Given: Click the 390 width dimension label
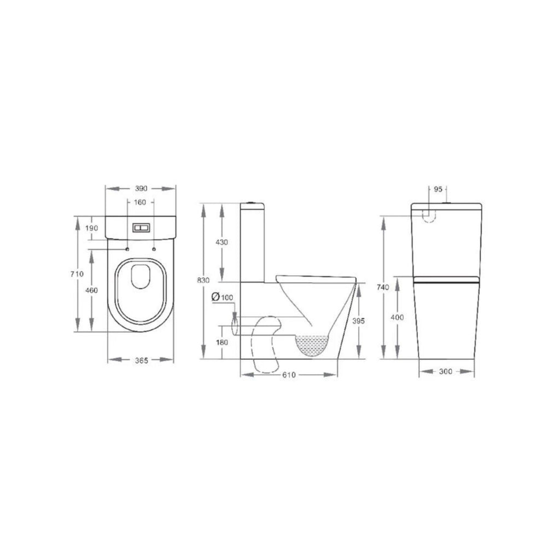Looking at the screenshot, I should (x=141, y=188).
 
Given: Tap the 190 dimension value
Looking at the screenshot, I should (x=92, y=228).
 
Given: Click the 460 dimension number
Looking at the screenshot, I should (x=92, y=290).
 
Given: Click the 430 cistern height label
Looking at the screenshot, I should (x=222, y=242).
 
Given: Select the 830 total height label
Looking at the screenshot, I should (x=203, y=280).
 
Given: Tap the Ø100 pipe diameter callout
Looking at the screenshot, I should (x=222, y=297).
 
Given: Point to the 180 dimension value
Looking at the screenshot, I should (x=222, y=342).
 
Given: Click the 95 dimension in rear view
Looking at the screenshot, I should (x=438, y=189).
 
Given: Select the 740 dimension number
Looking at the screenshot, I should (x=385, y=288).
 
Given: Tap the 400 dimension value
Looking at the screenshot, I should (x=398, y=317).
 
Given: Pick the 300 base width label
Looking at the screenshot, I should (x=446, y=371).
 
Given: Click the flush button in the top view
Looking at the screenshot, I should (x=141, y=226).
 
